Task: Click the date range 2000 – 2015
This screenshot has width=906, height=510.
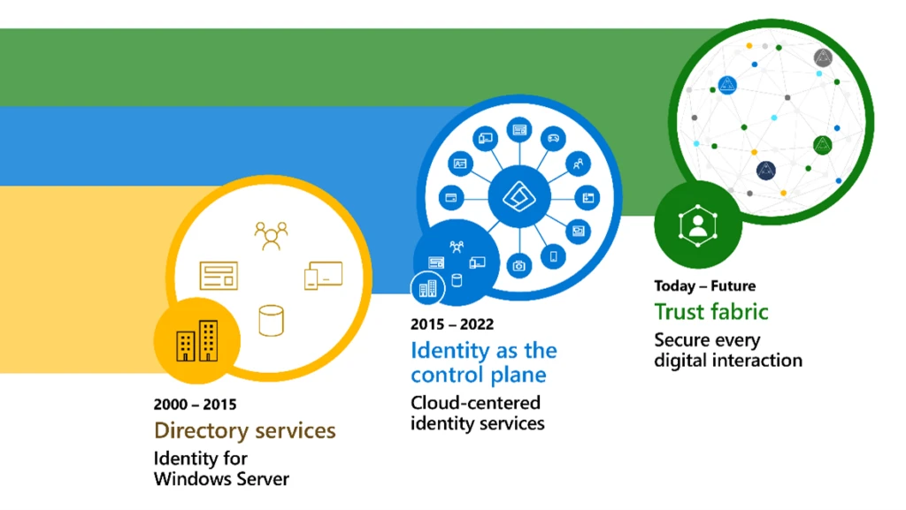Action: [x=195, y=406]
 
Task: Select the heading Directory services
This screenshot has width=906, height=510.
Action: [x=245, y=430]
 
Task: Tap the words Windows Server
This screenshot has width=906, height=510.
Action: [x=221, y=479]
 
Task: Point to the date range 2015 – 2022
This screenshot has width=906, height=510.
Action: [x=452, y=324]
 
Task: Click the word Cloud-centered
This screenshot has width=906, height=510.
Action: [x=475, y=402]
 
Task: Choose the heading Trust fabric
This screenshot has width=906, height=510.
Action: [x=710, y=311]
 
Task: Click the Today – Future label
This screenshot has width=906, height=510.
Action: [x=704, y=285]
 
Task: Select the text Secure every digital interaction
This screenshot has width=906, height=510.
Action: [x=727, y=350]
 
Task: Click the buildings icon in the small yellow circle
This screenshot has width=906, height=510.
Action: [x=196, y=340]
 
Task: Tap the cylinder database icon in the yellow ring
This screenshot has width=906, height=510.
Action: [x=271, y=319]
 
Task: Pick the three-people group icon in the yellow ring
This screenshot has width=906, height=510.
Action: [x=271, y=235]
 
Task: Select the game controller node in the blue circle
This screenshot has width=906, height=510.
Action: [x=554, y=137]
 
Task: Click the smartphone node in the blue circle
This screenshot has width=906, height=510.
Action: [x=555, y=256]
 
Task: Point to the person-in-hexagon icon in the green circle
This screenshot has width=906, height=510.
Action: [x=698, y=226]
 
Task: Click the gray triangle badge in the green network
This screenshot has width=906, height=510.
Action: [x=823, y=57]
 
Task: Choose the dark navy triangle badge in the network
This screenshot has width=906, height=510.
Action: [x=765, y=170]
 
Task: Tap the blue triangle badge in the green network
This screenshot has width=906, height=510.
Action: [x=727, y=85]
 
